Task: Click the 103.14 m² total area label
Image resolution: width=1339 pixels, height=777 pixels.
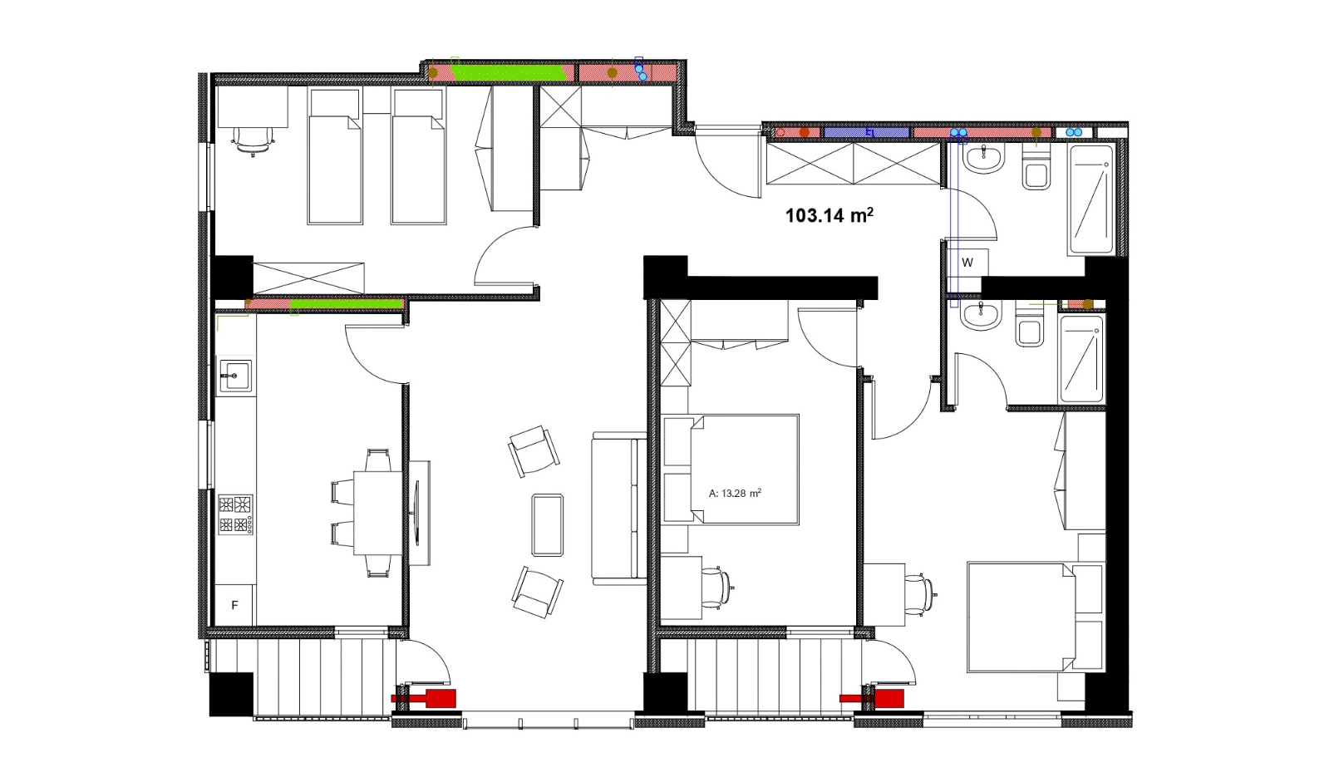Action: click(829, 215)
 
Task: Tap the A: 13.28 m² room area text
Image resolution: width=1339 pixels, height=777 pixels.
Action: click(735, 494)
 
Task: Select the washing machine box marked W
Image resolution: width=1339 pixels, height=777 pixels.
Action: click(967, 263)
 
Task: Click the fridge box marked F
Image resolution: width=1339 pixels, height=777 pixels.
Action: click(234, 605)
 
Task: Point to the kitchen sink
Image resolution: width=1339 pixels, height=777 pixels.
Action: click(235, 376)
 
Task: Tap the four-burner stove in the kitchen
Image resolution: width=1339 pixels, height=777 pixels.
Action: click(235, 514)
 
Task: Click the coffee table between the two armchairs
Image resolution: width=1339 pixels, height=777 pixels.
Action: click(548, 524)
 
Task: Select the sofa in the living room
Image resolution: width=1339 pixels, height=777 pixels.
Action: click(619, 508)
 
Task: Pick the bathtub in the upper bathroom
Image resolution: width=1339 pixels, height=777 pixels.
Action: click(1091, 199)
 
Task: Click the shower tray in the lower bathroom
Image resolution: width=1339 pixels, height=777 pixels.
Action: click(1081, 359)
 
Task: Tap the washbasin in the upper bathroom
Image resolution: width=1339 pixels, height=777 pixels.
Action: click(982, 159)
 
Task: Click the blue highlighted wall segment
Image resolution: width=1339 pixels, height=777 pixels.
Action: click(867, 132)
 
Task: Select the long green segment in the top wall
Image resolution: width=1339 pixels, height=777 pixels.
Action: click(509, 72)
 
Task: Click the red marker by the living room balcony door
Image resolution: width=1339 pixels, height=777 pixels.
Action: click(424, 697)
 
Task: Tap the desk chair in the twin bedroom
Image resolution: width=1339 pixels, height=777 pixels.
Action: click(254, 140)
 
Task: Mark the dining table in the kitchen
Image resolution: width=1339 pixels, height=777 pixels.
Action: click(378, 513)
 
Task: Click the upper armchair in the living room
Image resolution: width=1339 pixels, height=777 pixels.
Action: click(534, 450)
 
